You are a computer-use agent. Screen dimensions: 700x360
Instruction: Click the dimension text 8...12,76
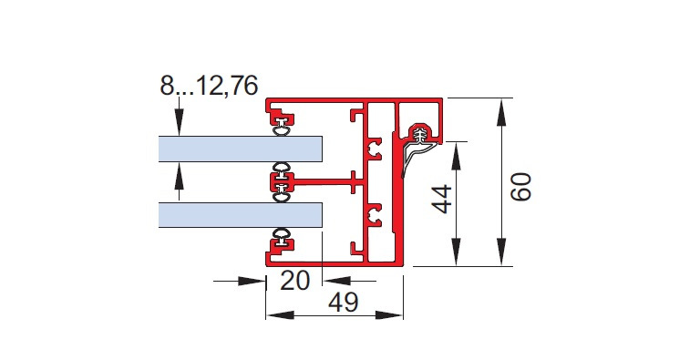click(x=209, y=86)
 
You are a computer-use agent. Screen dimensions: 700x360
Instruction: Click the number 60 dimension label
click(x=521, y=187)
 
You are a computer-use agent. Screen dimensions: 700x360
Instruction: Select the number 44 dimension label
click(x=442, y=200)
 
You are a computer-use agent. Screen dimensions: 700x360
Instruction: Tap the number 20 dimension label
click(x=294, y=281)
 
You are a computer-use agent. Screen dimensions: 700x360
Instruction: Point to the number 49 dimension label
click(x=344, y=303)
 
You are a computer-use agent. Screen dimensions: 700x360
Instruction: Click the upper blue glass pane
click(x=241, y=149)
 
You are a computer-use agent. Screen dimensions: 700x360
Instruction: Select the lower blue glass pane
click(x=241, y=215)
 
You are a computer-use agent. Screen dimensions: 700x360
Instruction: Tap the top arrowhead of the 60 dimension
click(x=501, y=112)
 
